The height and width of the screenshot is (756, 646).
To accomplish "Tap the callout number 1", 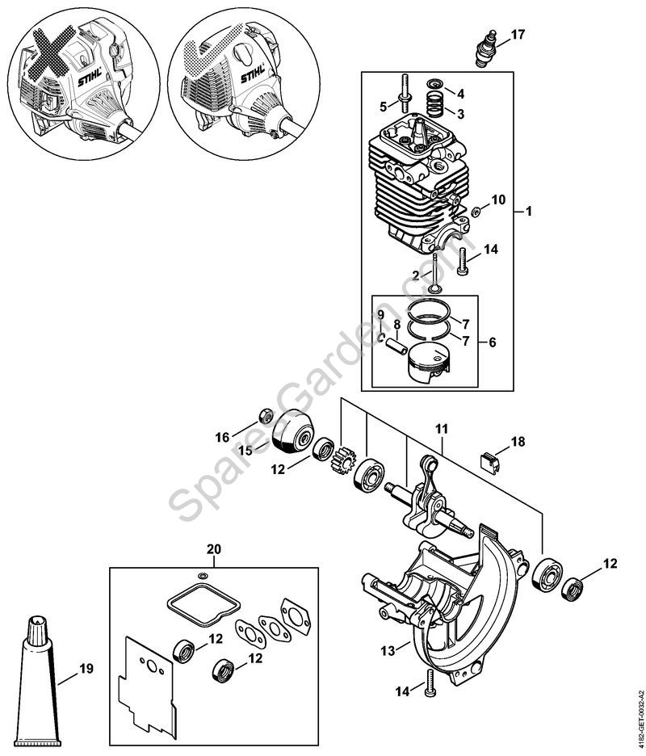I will (528, 212).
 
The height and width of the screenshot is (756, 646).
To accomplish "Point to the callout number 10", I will (497, 199).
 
